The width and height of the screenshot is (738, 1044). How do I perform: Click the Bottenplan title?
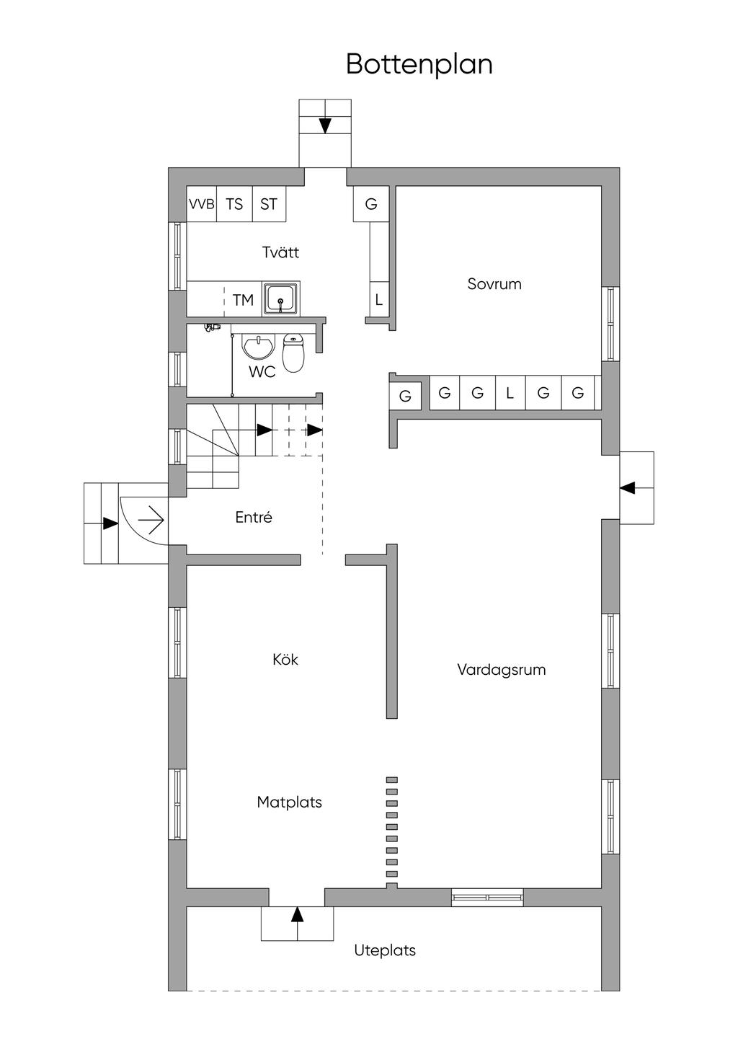tap(419, 65)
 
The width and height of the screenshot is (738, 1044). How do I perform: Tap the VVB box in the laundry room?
tap(201, 203)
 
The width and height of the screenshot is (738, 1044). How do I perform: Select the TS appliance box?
tap(234, 203)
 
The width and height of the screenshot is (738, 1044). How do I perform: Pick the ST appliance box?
tap(269, 203)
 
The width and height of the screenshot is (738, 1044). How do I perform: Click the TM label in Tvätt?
tap(243, 300)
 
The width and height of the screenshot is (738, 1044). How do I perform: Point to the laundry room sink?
tap(280, 298)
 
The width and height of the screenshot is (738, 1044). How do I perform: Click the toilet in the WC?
tap(293, 353)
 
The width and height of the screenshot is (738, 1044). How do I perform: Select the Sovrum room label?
tap(494, 284)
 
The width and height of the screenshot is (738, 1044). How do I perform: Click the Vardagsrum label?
tap(502, 670)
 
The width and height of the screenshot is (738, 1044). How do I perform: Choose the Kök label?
tap(285, 659)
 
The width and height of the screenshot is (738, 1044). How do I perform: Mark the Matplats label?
tap(289, 802)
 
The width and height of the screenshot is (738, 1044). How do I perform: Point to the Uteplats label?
tap(385, 950)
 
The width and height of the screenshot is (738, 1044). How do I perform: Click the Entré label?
tap(254, 517)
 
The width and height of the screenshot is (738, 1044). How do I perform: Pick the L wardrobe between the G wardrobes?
tap(510, 393)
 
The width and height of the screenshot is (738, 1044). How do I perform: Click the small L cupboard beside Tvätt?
tap(379, 299)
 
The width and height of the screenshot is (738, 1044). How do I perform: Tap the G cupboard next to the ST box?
tap(371, 203)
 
